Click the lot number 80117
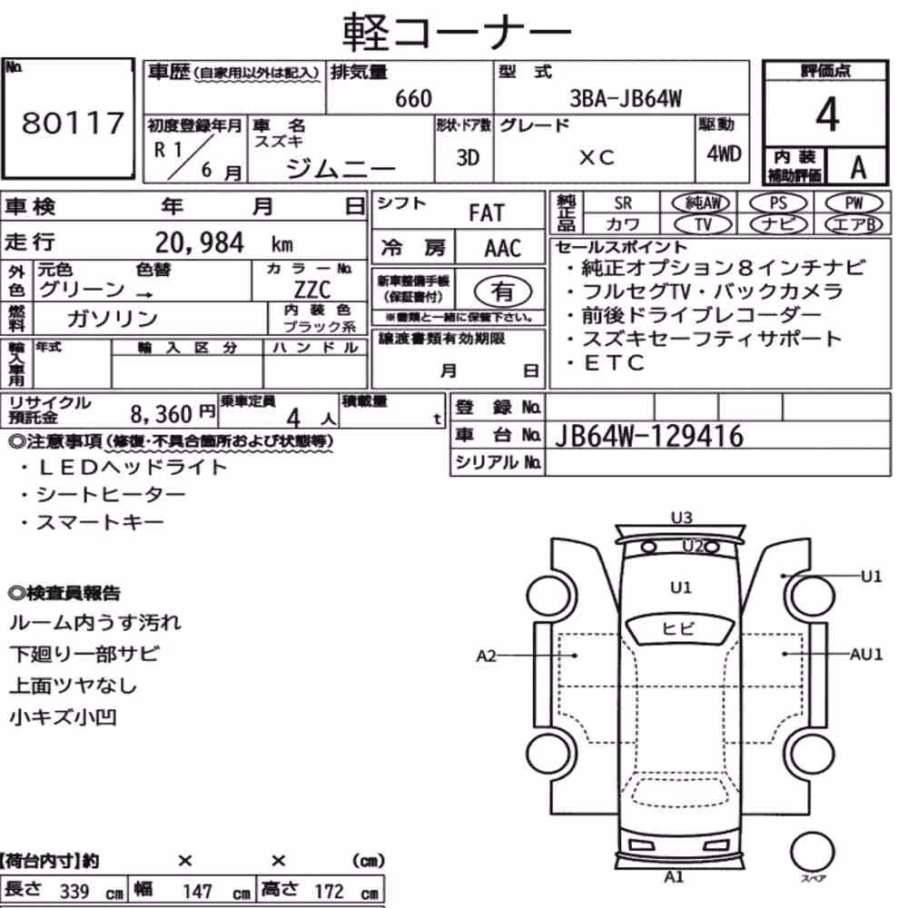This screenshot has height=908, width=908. (73, 123)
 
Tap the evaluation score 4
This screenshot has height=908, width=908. (827, 114)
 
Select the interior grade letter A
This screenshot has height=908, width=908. (858, 167)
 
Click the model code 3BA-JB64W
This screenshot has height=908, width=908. (626, 98)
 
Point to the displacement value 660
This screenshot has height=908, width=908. (413, 98)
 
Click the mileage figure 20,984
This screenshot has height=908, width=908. (200, 242)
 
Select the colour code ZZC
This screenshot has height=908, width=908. (312, 289)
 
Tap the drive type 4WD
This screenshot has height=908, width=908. (724, 153)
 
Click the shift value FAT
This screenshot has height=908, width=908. (487, 213)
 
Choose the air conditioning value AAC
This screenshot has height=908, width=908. (503, 249)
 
